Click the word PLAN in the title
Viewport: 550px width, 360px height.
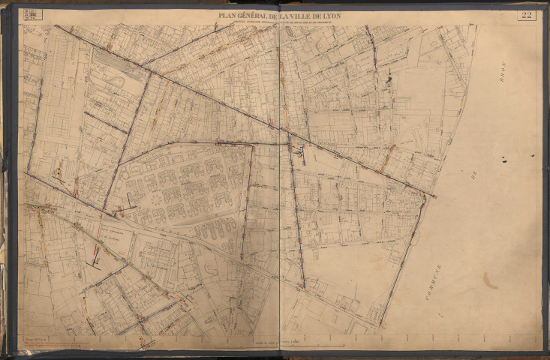click(229, 14)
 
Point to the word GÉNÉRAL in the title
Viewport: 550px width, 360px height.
click(257, 14)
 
